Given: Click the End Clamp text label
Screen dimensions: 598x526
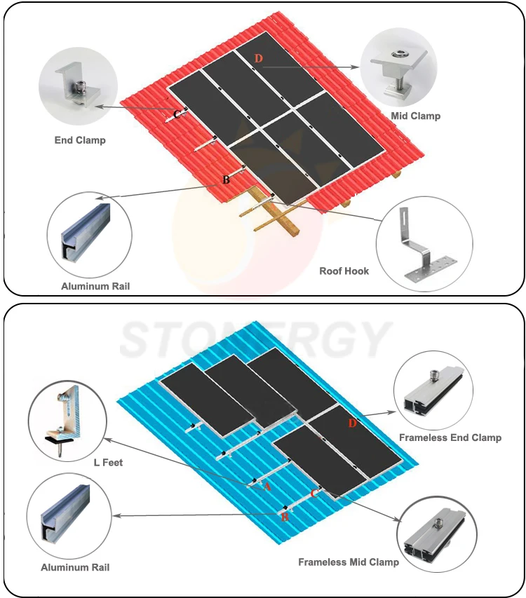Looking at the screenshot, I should (x=80, y=140).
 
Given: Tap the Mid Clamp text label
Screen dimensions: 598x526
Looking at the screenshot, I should (x=416, y=116).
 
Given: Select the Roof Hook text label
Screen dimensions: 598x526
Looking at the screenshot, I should (x=344, y=271).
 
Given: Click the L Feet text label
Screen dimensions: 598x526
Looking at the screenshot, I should (x=108, y=463).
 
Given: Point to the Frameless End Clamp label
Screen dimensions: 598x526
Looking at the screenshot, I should (x=450, y=437).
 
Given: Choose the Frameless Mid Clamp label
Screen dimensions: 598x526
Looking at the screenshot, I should (x=349, y=562).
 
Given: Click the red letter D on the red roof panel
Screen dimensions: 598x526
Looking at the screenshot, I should (x=258, y=58).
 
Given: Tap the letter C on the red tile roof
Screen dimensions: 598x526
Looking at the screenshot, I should (x=177, y=114).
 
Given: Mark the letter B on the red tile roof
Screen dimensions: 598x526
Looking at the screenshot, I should (x=226, y=179).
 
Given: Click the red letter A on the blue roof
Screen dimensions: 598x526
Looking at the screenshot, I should (x=267, y=486).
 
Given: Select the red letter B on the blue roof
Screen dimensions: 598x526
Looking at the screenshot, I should (x=285, y=517).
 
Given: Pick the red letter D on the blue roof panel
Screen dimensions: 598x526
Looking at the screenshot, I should (x=352, y=423).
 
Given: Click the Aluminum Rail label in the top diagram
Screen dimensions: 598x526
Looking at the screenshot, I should (x=95, y=286).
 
